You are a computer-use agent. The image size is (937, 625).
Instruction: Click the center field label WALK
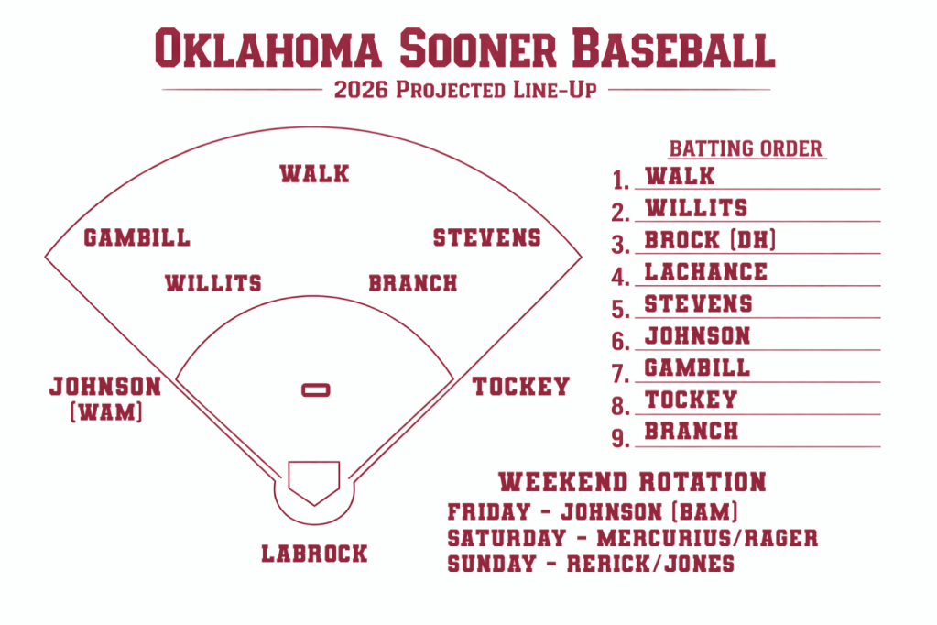click(314, 173)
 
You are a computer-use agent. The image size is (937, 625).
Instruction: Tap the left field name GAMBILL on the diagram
click(136, 238)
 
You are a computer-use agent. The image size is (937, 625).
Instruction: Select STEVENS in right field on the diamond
click(486, 238)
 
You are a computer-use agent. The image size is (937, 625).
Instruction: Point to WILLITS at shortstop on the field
click(212, 283)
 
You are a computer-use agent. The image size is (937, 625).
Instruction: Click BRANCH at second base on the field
click(412, 283)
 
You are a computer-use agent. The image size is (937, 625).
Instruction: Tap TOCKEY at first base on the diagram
click(520, 387)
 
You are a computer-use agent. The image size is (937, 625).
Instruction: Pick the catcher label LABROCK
click(314, 554)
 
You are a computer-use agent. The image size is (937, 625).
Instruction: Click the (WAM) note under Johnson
click(106, 412)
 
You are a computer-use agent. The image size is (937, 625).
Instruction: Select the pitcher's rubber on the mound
click(316, 390)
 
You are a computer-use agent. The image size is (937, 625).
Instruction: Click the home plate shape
click(314, 479)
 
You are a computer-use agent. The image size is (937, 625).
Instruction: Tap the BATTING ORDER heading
click(746, 148)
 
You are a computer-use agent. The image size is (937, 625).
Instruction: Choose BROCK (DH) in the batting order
click(711, 240)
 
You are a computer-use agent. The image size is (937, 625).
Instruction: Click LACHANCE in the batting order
click(705, 271)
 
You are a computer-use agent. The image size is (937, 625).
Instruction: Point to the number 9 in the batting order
click(620, 438)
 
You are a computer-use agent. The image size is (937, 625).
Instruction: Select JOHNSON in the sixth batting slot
click(697, 336)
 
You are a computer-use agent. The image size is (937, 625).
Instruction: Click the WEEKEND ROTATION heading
click(632, 482)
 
